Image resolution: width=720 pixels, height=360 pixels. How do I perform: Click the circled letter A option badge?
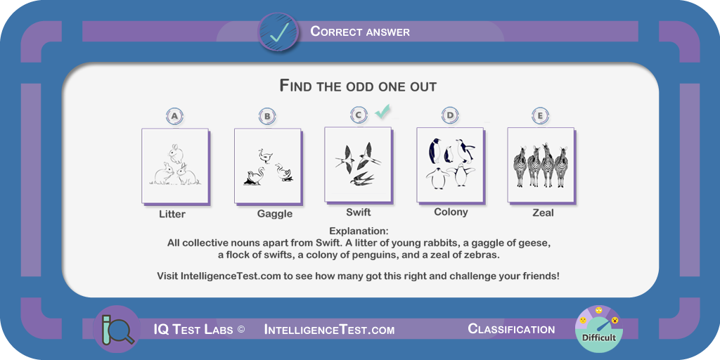click(174, 117)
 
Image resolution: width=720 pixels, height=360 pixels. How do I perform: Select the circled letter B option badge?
click(267, 117)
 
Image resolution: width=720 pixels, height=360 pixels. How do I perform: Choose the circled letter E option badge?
click(540, 116)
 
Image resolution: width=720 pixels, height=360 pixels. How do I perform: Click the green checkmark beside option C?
click(382, 111)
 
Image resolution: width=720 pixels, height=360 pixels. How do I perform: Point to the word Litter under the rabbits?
click(172, 214)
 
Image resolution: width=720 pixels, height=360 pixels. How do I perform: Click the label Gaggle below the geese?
click(275, 214)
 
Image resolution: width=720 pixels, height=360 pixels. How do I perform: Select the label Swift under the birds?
click(358, 212)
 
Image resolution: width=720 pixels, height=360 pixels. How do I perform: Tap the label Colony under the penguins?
click(451, 212)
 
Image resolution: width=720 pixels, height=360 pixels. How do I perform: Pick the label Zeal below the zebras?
click(544, 213)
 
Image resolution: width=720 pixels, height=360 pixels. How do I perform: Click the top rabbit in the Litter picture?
click(175, 153)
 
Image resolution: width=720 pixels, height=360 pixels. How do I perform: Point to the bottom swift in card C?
click(362, 179)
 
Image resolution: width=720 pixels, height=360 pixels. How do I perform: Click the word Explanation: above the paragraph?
click(359, 231)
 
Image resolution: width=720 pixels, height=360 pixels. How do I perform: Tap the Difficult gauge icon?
click(599, 329)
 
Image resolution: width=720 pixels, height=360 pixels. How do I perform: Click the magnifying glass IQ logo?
click(116, 329)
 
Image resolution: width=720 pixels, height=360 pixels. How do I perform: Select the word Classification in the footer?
click(511, 329)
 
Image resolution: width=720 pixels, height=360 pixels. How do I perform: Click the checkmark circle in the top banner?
click(278, 32)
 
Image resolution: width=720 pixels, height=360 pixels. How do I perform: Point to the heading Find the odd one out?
click(358, 86)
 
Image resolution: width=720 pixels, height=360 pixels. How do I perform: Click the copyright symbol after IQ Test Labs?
click(241, 330)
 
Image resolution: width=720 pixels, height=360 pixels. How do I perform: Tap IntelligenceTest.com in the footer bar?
click(329, 330)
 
